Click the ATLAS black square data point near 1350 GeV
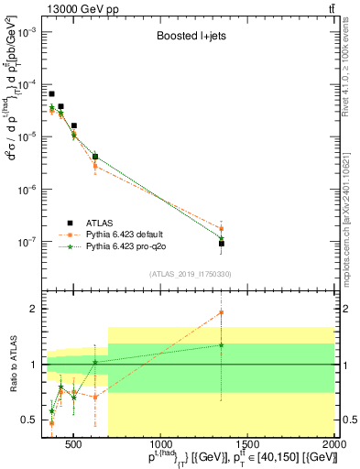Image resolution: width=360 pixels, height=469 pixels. click(222, 244)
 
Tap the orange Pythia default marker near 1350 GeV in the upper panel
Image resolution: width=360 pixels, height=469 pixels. click(222, 229)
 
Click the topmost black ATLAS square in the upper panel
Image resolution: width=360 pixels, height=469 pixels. click(52, 93)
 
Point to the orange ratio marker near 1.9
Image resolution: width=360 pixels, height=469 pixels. click(222, 312)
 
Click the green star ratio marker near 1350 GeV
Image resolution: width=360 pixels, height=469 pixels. click(222, 345)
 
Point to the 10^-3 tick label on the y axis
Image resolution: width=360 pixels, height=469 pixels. click(27, 31)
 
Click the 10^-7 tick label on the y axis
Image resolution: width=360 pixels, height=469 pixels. click(27, 243)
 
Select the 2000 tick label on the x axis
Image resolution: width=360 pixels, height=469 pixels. click(335, 446)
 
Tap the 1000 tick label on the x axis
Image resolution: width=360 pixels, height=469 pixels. click(160, 446)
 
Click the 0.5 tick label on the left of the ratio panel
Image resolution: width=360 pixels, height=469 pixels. click(30, 420)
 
